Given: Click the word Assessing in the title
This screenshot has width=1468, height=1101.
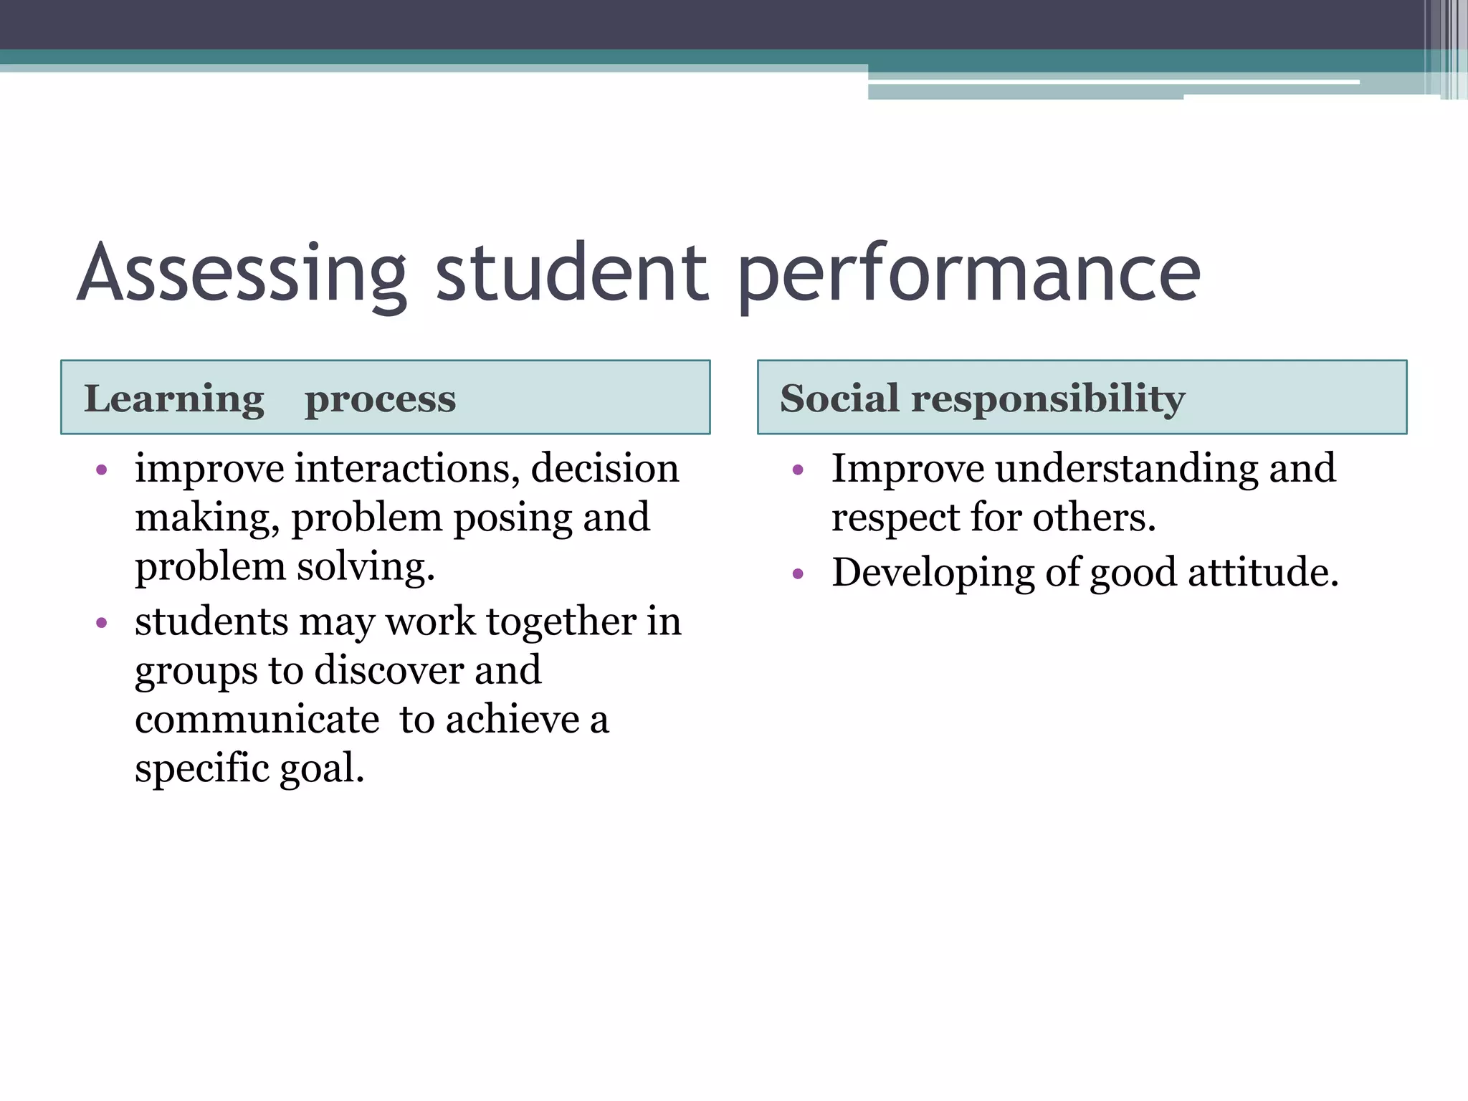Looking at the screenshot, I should click(242, 274).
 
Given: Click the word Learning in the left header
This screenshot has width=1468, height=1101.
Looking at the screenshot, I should click(174, 399).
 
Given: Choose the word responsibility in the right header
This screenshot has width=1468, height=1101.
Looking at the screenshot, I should click(1048, 399).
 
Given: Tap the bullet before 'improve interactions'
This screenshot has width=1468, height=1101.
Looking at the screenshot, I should click(102, 471).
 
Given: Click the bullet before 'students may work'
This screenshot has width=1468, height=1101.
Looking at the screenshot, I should click(102, 623).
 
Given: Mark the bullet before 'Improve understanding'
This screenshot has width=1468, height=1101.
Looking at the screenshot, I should click(799, 471).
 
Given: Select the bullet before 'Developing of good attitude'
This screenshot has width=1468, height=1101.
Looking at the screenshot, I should click(799, 574).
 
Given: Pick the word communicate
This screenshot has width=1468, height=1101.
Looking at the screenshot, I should click(257, 720).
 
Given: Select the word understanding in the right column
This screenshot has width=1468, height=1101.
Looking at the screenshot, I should click(1126, 470).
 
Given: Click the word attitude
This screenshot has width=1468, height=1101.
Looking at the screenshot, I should click(1263, 573).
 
